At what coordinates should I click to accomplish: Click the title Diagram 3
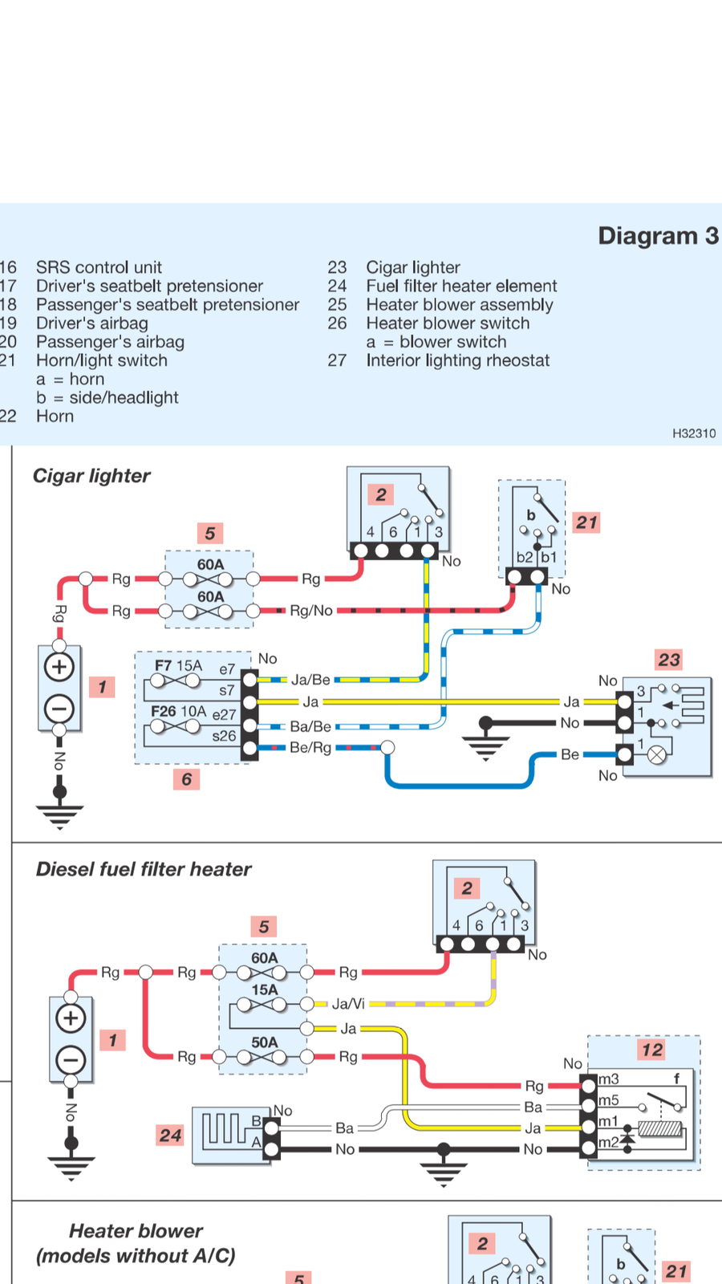tap(658, 236)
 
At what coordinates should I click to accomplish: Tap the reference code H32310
tap(694, 433)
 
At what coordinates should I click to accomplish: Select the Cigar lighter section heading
tap(91, 476)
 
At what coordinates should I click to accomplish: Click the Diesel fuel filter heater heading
tap(144, 869)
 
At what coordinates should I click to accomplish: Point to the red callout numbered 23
tap(669, 660)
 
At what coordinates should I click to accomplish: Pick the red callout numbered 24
tap(170, 1135)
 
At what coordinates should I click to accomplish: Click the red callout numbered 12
tap(652, 1050)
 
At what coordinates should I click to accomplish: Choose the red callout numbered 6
tap(186, 778)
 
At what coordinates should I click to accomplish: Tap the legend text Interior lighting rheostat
tap(457, 360)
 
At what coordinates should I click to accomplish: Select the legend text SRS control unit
tap(99, 267)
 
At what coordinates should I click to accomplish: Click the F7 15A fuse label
tap(178, 665)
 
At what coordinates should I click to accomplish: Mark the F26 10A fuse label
tap(178, 711)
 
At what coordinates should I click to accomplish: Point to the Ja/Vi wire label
tap(348, 1003)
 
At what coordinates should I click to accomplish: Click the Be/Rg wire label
tap(310, 748)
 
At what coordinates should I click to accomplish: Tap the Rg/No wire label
tap(311, 611)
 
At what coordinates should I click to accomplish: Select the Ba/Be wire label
tap(310, 726)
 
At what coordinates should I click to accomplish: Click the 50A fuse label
tap(265, 1042)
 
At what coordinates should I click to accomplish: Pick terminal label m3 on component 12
tap(609, 1079)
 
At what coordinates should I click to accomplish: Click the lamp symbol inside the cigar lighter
tap(657, 754)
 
